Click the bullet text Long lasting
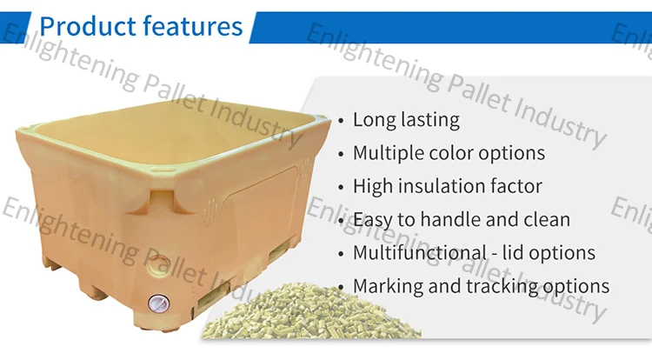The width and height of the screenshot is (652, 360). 406,120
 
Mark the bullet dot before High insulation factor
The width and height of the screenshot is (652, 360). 341,187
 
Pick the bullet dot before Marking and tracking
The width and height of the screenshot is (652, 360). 341,286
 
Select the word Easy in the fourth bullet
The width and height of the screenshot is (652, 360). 372,220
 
